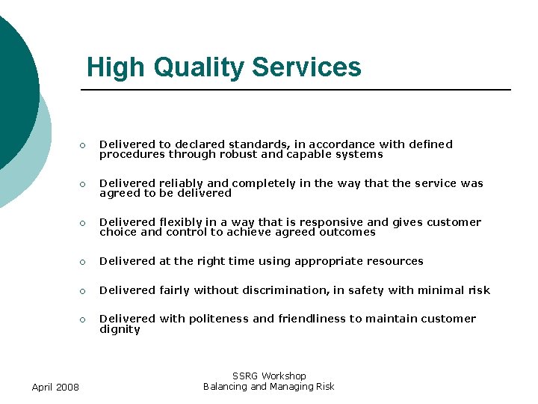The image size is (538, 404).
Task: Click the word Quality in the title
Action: [x=200, y=67]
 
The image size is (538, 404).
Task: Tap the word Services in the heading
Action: [x=307, y=67]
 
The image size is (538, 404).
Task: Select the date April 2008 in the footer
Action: [x=56, y=386]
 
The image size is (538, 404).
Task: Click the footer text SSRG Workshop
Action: [x=269, y=376]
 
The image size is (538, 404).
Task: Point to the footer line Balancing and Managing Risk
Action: [x=269, y=386]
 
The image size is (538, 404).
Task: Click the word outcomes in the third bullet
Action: [x=347, y=232]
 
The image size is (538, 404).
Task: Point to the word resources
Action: [x=395, y=261]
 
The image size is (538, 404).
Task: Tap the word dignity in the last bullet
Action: [x=120, y=329]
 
